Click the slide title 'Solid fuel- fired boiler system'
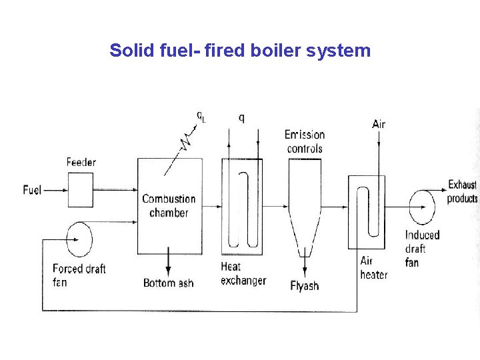tap(240, 51)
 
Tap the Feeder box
tap(81, 190)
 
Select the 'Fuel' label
tap(32, 190)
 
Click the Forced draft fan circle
tap(79, 238)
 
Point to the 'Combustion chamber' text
tap(169, 206)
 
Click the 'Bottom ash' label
tap(168, 283)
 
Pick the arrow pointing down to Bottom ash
tap(168, 263)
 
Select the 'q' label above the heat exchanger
tap(241, 118)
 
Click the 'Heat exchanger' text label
tap(243, 274)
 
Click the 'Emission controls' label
tap(305, 141)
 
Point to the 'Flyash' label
tap(305, 287)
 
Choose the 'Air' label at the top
tap(379, 124)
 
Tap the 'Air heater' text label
tap(373, 268)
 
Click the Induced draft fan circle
tap(422, 207)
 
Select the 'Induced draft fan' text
tap(422, 249)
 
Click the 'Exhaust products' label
tap(462, 191)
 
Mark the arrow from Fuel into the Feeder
tap(55, 190)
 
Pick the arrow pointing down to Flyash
tap(305, 267)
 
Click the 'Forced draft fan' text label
tap(79, 275)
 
